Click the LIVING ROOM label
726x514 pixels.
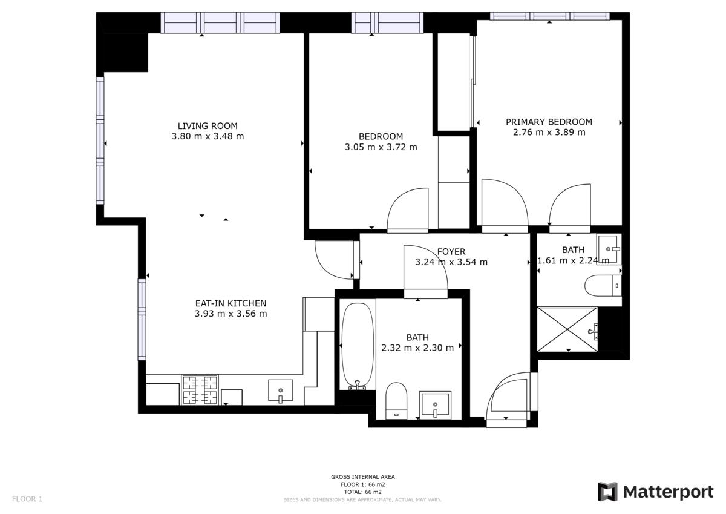pyautogui.click(x=208, y=126)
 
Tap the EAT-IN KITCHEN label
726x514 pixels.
pyautogui.click(x=231, y=303)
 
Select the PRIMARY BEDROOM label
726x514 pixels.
pyautogui.click(x=549, y=122)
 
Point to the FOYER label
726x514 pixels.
pyautogui.click(x=451, y=252)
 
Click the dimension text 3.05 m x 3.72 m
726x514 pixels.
pyautogui.click(x=381, y=147)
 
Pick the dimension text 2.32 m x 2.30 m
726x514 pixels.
pyautogui.click(x=417, y=348)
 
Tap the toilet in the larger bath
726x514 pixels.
pyautogui.click(x=396, y=401)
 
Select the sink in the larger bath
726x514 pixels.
pyautogui.click(x=435, y=404)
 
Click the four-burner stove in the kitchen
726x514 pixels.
pyautogui.click(x=200, y=390)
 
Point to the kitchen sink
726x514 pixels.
pyautogui.click(x=280, y=390)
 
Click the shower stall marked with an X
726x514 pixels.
pyautogui.click(x=567, y=329)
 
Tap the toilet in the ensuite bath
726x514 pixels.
pyautogui.click(x=603, y=285)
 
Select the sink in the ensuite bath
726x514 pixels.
pyautogui.click(x=609, y=249)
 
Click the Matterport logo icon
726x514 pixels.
pyautogui.click(x=608, y=492)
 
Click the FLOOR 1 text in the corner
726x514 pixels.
pyautogui.click(x=27, y=499)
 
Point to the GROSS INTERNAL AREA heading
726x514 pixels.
pyautogui.click(x=362, y=476)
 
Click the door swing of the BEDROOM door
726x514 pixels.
pyautogui.click(x=408, y=209)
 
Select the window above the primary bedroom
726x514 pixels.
pyautogui.click(x=549, y=16)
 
